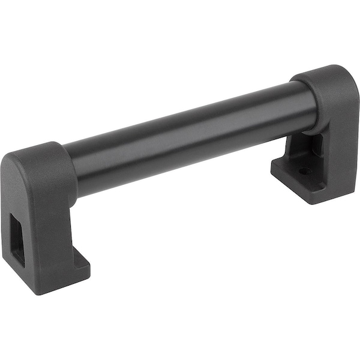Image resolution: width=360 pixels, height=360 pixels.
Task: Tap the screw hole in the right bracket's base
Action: coord(305,171)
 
